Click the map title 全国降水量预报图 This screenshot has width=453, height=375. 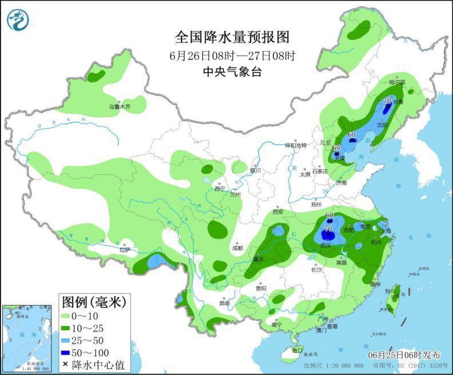click(x=232, y=38)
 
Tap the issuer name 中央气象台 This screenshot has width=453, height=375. click(x=232, y=71)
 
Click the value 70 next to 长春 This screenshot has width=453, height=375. click(x=388, y=101)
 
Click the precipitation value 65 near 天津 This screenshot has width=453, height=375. click(x=336, y=148)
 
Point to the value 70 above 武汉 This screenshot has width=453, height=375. click(x=328, y=229)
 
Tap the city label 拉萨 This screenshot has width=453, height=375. click(x=125, y=250)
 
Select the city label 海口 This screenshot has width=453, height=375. click(x=296, y=350)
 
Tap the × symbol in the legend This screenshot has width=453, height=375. click(x=65, y=365)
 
